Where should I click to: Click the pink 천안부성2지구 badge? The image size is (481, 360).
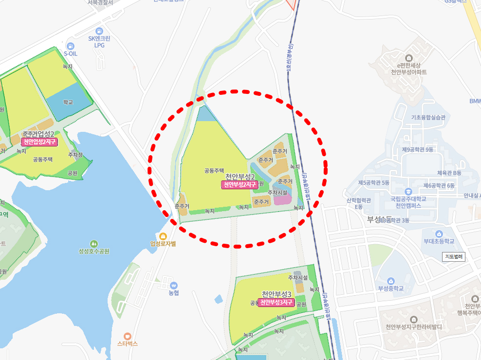point(240,185)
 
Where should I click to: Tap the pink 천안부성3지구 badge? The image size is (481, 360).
point(277,302)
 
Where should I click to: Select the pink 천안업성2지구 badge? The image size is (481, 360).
point(39,142)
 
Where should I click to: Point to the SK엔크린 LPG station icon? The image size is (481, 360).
point(99,31)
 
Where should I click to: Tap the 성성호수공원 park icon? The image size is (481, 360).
point(93,243)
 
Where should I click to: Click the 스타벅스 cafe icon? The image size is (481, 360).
point(128,336)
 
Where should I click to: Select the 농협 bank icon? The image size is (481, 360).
point(174,285)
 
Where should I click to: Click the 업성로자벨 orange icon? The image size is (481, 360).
point(163,236)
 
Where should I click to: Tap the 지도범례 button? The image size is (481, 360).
point(454,256)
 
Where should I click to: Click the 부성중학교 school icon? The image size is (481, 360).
point(390,281)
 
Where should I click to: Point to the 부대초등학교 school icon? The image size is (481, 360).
point(439,234)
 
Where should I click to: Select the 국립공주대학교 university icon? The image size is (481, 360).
point(408,192)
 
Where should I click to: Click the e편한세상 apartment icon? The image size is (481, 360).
point(408,57)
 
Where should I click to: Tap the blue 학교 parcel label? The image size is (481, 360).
point(68,103)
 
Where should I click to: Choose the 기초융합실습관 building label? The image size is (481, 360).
point(428,117)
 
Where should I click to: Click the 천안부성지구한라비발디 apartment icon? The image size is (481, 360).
point(413,319)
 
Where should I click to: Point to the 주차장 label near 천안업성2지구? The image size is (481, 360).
point(75,155)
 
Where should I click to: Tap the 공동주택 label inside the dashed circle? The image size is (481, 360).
point(214,171)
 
